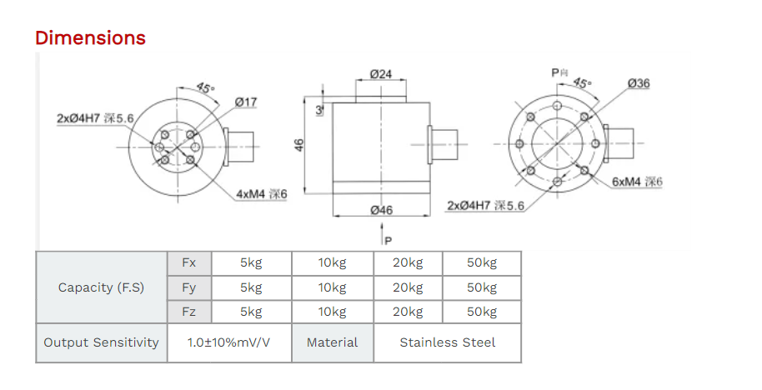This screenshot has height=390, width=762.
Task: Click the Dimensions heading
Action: pos(90,37)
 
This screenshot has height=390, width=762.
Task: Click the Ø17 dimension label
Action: pos(246,102)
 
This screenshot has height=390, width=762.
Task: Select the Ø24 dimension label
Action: pos(380,74)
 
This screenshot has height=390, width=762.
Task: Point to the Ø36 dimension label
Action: pos(639,83)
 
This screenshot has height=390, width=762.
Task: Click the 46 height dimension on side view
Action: pos(299,145)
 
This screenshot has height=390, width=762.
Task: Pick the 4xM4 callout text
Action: pos(262,193)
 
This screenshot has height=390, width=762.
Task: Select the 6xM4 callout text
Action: pos(636,182)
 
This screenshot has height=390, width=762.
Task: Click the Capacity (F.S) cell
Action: pos(101,287)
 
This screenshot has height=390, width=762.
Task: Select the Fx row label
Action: pos(188,262)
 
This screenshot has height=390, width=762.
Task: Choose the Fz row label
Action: pos(188,312)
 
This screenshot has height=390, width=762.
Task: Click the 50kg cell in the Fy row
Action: pos(481,287)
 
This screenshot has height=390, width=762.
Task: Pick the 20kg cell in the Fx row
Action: pos(407,262)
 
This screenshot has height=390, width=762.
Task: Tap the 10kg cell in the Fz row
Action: pos(332,312)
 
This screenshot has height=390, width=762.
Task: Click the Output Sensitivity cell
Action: pos(101,342)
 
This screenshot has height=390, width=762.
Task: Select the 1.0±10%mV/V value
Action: pos(229,342)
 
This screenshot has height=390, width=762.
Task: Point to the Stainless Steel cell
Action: pos(447,342)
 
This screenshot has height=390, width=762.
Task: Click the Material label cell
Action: pos(332,342)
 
